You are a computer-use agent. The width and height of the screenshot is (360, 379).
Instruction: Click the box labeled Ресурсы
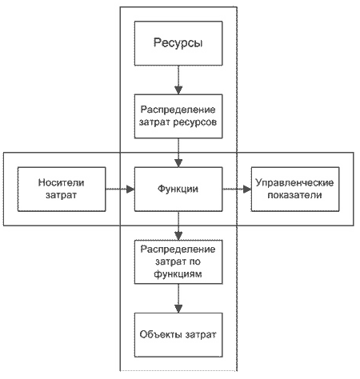coord(178,43)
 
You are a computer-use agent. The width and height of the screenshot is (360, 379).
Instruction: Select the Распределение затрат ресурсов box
coord(178,116)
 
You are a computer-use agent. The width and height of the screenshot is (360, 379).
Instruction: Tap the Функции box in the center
coord(178,189)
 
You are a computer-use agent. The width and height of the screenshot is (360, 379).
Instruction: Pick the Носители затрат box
coord(62,189)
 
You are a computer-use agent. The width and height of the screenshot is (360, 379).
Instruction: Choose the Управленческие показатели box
coord(295,189)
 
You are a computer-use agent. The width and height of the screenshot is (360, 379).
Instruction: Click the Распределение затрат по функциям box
coord(178,262)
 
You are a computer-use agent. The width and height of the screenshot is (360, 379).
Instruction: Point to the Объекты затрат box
coord(178,335)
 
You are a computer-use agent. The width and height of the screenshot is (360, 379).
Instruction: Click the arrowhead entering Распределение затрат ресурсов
coord(178,90)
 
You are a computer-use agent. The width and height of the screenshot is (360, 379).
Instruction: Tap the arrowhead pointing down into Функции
coord(178,163)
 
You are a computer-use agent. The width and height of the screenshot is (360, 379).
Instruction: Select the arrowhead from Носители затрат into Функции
coord(130,189)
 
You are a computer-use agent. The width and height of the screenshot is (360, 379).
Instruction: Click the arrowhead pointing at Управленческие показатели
coord(247,189)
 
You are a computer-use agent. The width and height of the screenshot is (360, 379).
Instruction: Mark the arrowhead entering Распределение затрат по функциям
coord(178,236)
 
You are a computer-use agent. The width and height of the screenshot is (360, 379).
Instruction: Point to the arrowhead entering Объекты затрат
coord(178,309)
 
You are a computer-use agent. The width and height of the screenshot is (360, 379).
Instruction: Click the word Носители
coord(61,183)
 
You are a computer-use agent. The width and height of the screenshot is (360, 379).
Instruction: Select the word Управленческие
coord(294,183)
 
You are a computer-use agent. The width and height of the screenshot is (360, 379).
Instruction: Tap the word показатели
coord(294,195)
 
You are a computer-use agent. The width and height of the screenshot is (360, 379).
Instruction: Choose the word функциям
coord(178,274)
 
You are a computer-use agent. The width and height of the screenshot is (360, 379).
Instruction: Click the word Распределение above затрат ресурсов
coord(178,110)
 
